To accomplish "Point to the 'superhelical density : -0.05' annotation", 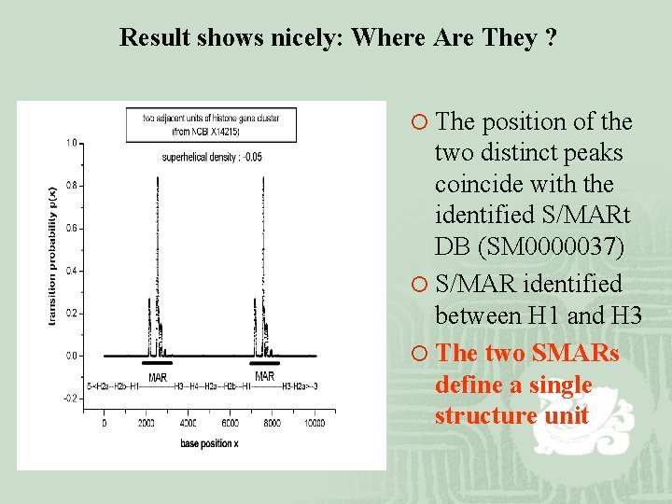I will [212, 157].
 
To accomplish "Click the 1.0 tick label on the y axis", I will [71, 143].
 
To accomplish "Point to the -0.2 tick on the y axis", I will [71, 398].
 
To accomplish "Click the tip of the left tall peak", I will [158, 176].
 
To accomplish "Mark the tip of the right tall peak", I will [259, 176].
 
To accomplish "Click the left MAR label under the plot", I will [158, 376].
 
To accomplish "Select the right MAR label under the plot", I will [265, 376].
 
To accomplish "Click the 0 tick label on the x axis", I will [104, 422].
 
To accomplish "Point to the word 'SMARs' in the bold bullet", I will [575, 353].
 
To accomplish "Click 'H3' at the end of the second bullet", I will [625, 316].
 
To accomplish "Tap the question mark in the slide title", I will [553, 38].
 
